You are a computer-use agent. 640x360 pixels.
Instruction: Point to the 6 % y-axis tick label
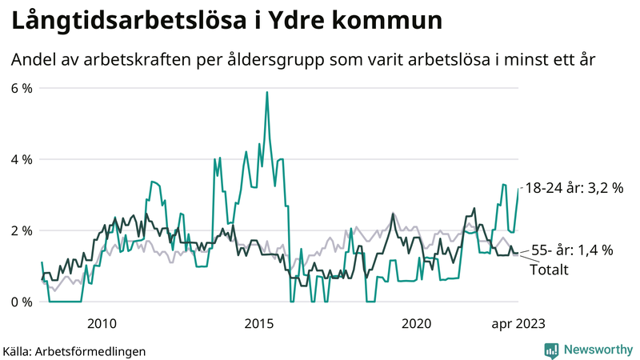[x=21, y=88]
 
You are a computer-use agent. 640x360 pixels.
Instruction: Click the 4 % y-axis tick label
[x=21, y=159]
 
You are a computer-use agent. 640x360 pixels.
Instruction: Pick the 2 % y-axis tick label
[x=21, y=230]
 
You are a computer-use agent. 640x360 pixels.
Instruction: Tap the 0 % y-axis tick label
[x=21, y=302]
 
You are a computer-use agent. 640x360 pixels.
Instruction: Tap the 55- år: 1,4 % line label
[x=573, y=250]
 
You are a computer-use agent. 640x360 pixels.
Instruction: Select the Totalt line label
[x=549, y=270]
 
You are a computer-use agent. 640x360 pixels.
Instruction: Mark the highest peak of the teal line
[x=266, y=92]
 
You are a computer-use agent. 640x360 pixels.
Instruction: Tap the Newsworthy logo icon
[x=551, y=350]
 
